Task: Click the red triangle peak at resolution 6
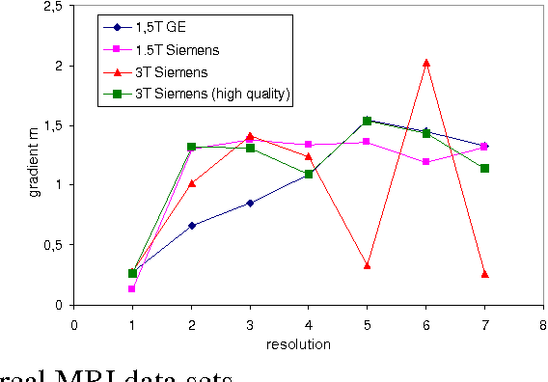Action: point(425,64)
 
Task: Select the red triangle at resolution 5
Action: point(368,264)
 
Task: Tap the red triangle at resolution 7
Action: point(484,274)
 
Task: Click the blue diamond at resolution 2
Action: point(192,225)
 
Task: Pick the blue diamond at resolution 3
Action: point(250,203)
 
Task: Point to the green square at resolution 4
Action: point(309,174)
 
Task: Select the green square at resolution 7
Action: point(484,168)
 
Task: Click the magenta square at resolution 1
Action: point(132,288)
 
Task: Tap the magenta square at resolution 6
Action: point(425,162)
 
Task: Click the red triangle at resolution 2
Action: point(192,183)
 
